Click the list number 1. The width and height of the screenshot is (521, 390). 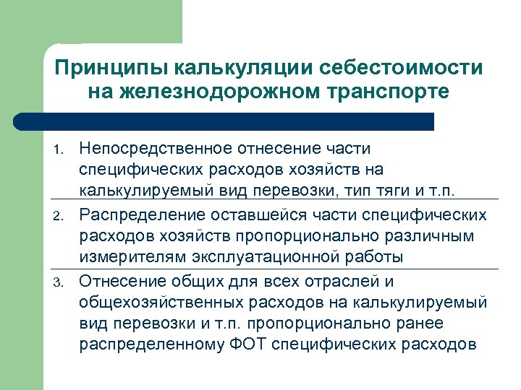(60, 149)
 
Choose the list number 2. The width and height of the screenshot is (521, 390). (60, 215)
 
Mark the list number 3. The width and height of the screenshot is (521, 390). (60, 281)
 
